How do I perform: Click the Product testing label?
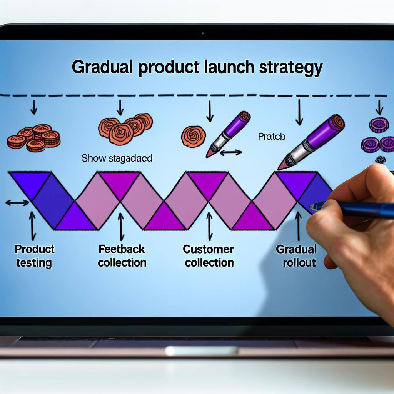coord(34,256)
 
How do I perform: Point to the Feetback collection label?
coord(122,256)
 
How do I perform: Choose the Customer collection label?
coord(208,256)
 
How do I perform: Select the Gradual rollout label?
coord(296,256)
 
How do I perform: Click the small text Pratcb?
coord(272,136)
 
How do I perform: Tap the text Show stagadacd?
coord(117,158)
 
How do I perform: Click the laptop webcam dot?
coord(202,33)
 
